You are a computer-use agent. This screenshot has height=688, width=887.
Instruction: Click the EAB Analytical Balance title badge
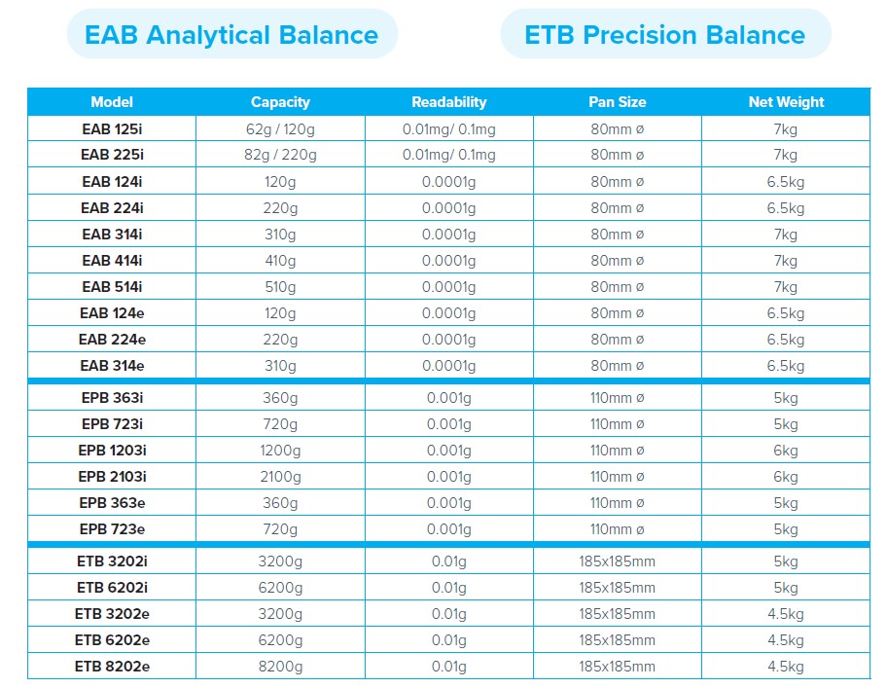(231, 35)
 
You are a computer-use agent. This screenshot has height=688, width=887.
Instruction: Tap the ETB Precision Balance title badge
(664, 35)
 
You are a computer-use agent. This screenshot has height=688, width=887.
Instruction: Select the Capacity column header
(280, 102)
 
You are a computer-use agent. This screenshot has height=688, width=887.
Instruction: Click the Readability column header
(448, 102)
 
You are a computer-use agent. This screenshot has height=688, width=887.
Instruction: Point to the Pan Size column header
(617, 102)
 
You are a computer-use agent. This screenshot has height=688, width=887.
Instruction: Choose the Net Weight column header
(786, 102)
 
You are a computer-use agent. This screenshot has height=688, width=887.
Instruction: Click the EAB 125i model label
(112, 128)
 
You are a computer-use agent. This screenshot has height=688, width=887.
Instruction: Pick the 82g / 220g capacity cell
(280, 155)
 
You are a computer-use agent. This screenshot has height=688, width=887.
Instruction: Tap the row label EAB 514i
(112, 286)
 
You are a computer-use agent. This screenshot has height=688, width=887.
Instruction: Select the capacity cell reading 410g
(280, 260)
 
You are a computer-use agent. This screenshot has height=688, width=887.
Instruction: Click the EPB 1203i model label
(112, 451)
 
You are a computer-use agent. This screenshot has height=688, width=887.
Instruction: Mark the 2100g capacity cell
(280, 477)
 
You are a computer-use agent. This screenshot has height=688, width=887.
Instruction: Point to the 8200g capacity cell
(280, 667)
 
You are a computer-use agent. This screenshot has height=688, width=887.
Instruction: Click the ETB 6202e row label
(112, 640)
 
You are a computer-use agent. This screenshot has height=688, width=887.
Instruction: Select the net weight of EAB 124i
(786, 181)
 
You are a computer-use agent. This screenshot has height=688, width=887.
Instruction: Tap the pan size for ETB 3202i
(617, 561)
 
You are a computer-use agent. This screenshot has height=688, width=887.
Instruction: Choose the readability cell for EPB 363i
(448, 398)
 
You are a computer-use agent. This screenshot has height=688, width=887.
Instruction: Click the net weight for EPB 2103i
(786, 477)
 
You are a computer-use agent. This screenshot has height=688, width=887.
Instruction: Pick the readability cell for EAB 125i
(448, 128)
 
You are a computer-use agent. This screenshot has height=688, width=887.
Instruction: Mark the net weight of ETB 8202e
(786, 667)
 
